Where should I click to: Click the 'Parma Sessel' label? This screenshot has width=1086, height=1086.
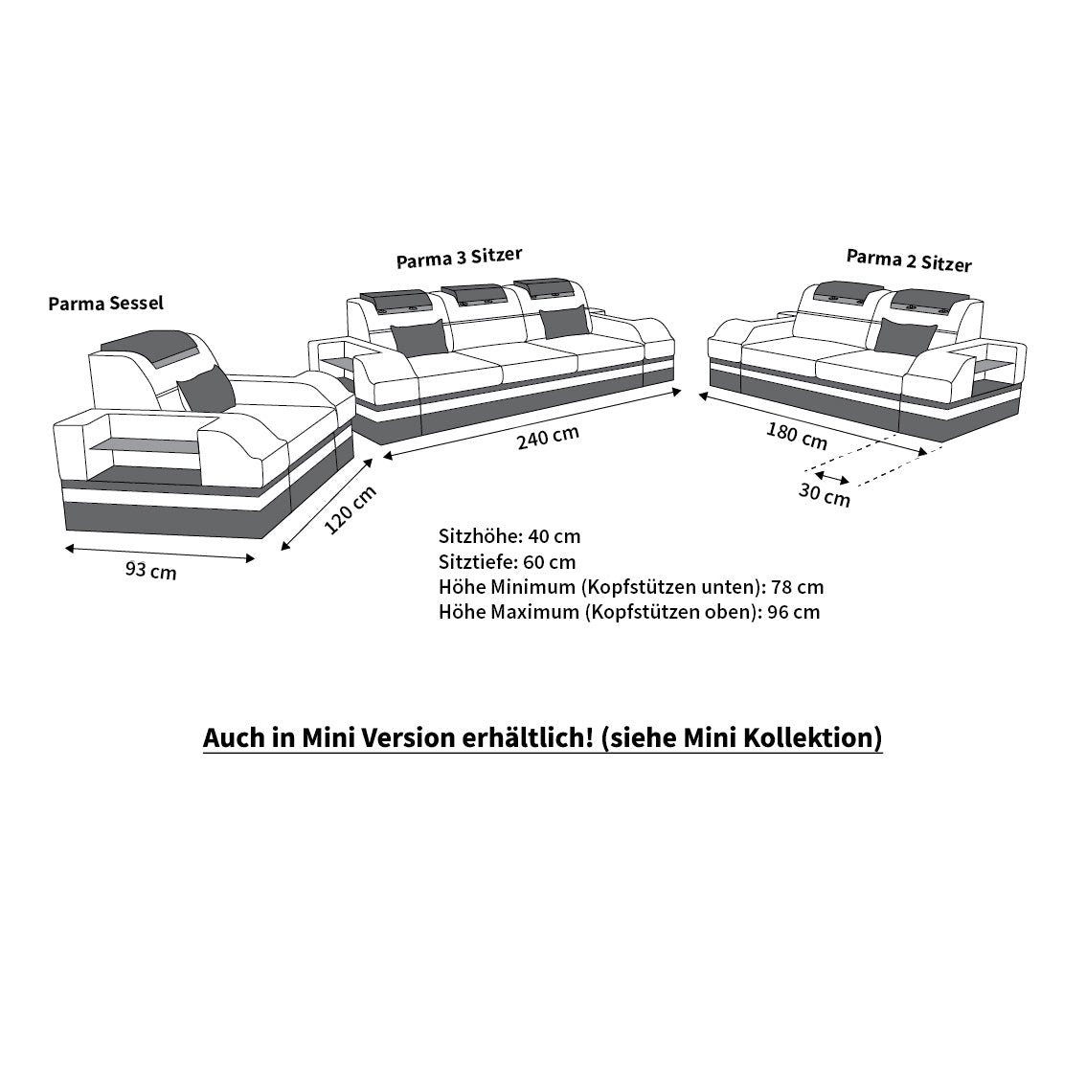click(x=106, y=304)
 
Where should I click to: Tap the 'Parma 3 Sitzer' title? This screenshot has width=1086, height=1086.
click(x=459, y=257)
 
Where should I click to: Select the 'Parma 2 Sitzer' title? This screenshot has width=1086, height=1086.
click(x=909, y=260)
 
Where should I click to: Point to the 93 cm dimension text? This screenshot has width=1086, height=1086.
click(x=151, y=571)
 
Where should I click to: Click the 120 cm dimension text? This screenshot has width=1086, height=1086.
click(x=351, y=509)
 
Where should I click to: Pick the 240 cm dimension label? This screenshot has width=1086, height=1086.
click(x=548, y=437)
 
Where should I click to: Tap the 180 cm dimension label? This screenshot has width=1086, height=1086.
click(x=797, y=437)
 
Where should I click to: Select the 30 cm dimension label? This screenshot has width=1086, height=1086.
click(x=825, y=495)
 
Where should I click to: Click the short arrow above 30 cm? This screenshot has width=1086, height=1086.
click(x=832, y=477)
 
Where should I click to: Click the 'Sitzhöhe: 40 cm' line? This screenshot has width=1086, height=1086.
click(x=509, y=536)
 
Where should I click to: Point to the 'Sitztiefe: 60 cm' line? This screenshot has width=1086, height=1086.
click(x=507, y=562)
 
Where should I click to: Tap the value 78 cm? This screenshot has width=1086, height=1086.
click(x=797, y=587)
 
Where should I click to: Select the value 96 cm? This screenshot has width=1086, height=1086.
click(x=794, y=612)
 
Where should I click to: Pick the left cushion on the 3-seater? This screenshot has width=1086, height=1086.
click(x=419, y=338)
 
